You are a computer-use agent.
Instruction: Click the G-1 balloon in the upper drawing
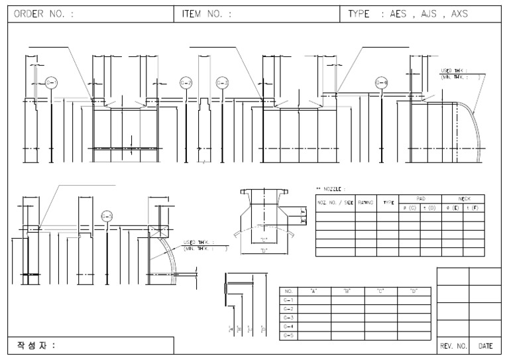52,83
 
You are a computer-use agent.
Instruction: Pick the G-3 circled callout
222,83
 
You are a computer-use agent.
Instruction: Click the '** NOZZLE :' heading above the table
331,190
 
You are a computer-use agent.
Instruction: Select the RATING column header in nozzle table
366,202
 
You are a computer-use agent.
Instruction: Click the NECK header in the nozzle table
463,198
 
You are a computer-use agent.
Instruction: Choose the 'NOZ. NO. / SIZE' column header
335,202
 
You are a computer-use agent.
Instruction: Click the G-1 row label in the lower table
288,300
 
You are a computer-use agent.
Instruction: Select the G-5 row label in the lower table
288,336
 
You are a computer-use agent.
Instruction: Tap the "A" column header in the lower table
313,291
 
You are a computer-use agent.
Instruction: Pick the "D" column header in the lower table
414,291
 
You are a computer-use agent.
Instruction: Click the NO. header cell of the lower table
288,291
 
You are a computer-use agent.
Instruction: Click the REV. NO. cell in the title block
453,346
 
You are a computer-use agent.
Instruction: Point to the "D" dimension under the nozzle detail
264,250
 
